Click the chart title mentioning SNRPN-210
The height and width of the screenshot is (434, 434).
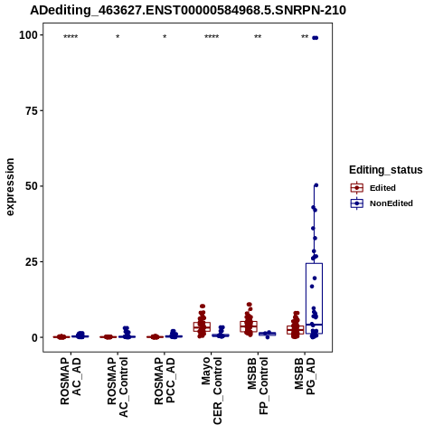(x=188, y=10)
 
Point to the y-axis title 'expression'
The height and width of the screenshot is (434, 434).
(x=10, y=187)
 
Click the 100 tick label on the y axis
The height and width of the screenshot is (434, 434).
(x=29, y=35)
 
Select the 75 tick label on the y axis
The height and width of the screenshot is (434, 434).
(x=32, y=110)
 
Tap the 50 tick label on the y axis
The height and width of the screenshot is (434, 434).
(x=32, y=186)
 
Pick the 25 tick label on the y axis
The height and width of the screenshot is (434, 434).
(x=32, y=262)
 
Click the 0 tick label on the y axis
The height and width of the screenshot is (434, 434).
(x=35, y=337)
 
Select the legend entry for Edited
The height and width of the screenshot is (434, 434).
(x=373, y=188)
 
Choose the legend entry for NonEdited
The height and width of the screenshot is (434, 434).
(x=382, y=203)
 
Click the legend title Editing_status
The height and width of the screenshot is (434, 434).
(x=386, y=170)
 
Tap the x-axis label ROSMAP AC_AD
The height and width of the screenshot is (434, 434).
(x=71, y=381)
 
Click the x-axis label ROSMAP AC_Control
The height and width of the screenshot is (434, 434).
(x=118, y=387)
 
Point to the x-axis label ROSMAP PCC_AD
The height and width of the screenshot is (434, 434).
(x=165, y=381)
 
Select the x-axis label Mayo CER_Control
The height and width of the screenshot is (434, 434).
(x=212, y=391)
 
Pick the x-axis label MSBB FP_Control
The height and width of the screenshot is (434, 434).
(x=258, y=386)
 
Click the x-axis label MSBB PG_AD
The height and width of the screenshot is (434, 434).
(x=305, y=376)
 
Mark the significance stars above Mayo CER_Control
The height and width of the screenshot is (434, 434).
(x=212, y=37)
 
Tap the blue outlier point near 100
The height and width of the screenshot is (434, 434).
(x=315, y=38)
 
